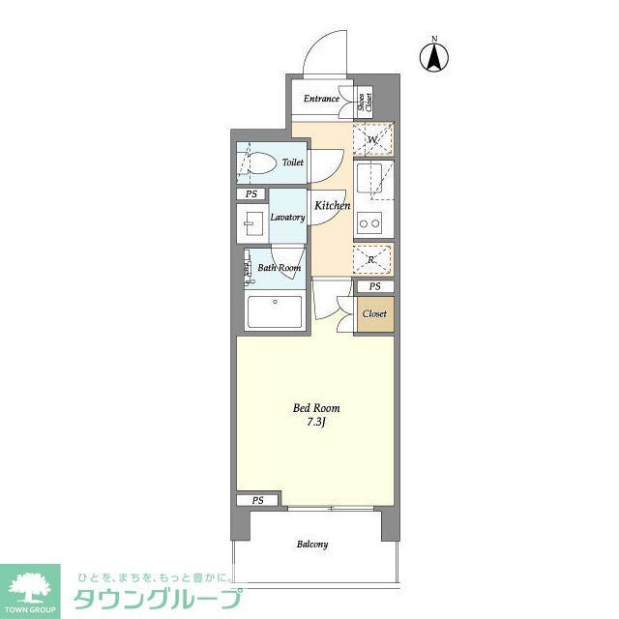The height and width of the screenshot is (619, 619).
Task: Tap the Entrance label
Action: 321,99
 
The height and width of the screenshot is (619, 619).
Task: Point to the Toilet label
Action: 292,162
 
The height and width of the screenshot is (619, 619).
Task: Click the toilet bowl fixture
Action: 259,162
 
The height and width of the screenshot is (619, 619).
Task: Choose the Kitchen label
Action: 331,205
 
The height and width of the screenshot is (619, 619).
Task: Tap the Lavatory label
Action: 287,217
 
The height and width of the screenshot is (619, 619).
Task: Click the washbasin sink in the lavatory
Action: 251,225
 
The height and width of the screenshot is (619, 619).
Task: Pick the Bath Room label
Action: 279,268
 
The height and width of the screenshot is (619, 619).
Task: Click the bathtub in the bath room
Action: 275,312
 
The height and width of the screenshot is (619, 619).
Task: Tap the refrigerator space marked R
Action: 373,259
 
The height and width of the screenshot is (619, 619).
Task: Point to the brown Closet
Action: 374,314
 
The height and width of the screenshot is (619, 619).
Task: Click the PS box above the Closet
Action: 374,287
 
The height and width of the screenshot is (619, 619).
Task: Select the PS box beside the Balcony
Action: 257,500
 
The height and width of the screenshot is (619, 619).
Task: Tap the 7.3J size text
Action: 316,424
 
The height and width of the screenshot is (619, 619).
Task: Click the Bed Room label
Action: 316,408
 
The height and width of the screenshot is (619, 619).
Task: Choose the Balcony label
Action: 311,545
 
